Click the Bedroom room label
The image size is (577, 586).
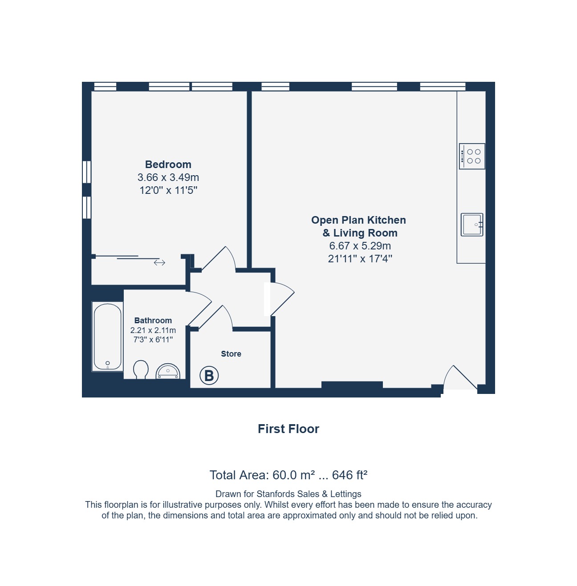pyautogui.click(x=168, y=165)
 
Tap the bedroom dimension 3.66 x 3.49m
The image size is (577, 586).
pyautogui.click(x=168, y=177)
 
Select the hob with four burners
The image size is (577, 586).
pyautogui.click(x=471, y=156)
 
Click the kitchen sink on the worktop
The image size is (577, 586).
pyautogui.click(x=471, y=225)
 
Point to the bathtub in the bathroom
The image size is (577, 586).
pyautogui.click(x=108, y=336)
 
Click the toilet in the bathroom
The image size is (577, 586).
pyautogui.click(x=141, y=369)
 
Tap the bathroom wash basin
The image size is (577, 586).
pyautogui.click(x=168, y=371)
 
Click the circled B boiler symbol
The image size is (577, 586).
pyautogui.click(x=209, y=376)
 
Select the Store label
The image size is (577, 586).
pyautogui.click(x=231, y=353)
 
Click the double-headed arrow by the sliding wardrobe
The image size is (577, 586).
pyautogui.click(x=159, y=262)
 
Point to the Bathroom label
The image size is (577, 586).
pyautogui.click(x=153, y=321)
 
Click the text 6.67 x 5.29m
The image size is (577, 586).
pyautogui.click(x=360, y=246)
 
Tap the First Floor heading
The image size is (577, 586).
pyautogui.click(x=288, y=429)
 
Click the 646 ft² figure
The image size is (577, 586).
pyautogui.click(x=349, y=475)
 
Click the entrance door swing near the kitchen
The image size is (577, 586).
pyautogui.click(x=460, y=377)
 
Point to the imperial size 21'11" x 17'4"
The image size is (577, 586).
pyautogui.click(x=360, y=259)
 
